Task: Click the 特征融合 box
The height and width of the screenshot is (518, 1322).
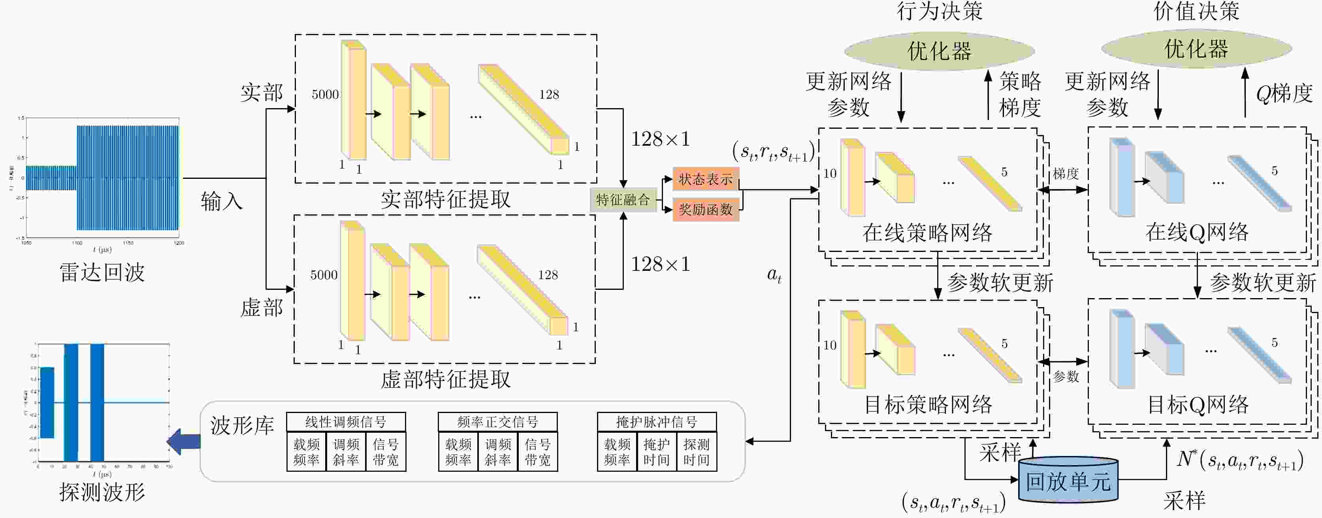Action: [x=623, y=199]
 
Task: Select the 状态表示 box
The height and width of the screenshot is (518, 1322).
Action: [x=706, y=179]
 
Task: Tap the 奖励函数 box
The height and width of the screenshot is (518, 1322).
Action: [x=706, y=209]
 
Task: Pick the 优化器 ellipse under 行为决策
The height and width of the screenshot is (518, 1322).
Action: [x=939, y=51]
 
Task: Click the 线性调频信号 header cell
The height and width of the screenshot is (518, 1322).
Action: [x=345, y=422]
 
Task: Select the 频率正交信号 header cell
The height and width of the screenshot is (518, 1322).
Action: [x=497, y=422]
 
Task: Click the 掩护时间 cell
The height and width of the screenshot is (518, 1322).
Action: [x=656, y=452]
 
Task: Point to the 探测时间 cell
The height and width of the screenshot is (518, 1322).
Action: [x=697, y=452]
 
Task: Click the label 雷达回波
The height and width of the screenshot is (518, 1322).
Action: [x=102, y=272]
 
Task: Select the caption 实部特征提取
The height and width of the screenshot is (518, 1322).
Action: [x=445, y=199]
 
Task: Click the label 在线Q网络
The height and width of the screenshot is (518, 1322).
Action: [x=1197, y=232]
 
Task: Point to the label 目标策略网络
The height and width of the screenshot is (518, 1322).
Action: [x=928, y=405]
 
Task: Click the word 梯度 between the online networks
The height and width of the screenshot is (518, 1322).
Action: [x=1066, y=174]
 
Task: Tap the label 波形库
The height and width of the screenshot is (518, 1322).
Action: [x=242, y=426]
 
